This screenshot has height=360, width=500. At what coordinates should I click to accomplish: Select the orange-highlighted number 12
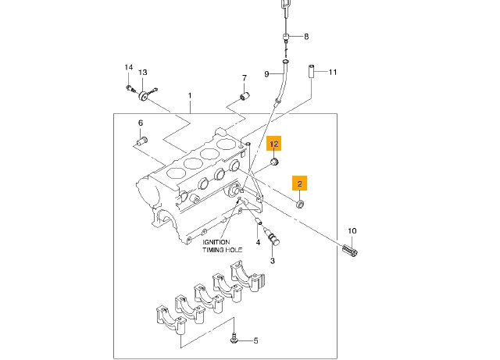274,144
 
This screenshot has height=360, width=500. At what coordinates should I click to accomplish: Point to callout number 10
352,231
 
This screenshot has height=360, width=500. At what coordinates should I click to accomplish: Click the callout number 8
306,37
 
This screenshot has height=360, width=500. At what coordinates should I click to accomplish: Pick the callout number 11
332,73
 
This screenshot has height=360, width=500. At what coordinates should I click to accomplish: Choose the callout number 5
255,341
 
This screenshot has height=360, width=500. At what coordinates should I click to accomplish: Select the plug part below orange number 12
275,162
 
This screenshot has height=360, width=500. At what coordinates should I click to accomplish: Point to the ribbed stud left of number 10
350,253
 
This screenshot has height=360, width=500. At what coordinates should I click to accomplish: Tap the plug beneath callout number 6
141,141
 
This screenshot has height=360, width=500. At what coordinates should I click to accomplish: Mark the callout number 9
266,74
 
